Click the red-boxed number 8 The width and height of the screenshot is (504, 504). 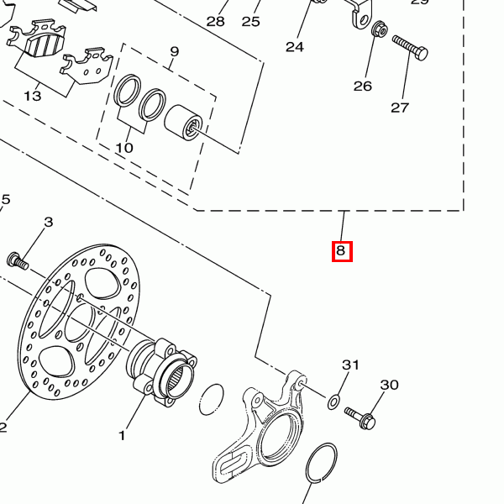(x=341, y=250)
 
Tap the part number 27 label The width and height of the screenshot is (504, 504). (x=399, y=108)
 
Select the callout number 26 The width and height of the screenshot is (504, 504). (x=362, y=86)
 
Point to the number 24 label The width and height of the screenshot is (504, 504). (x=294, y=47)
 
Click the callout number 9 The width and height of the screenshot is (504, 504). (x=175, y=52)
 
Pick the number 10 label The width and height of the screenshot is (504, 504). (x=124, y=148)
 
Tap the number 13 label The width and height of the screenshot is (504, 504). (x=32, y=96)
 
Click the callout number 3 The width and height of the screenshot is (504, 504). (x=48, y=222)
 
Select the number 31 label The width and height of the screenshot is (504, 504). (x=350, y=365)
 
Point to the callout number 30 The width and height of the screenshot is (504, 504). (x=389, y=385)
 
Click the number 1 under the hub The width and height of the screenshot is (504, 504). (x=122, y=435)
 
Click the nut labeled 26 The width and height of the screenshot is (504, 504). (x=379, y=31)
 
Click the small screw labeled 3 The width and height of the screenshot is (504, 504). (x=18, y=261)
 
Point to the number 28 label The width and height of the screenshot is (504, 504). (x=216, y=21)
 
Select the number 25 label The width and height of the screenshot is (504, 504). (x=251, y=21)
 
